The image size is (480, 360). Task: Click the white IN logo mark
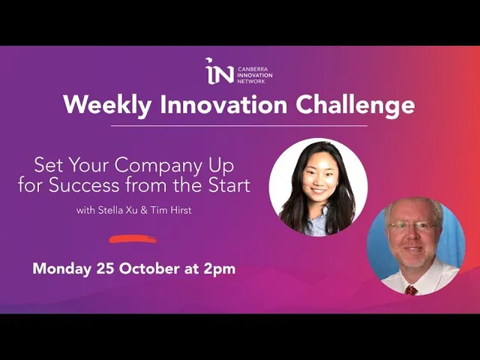pos(219,70)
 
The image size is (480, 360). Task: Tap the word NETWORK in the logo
pos(251,82)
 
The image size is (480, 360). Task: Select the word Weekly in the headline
pos(107,105)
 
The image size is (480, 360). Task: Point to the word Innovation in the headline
pos(223,105)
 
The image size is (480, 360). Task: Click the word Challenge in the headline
pos(355,106)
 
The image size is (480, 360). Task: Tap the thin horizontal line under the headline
pos(239,125)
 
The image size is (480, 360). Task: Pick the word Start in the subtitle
pos(229,185)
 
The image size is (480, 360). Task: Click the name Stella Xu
pos(118,210)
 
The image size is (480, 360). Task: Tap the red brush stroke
pos(133,239)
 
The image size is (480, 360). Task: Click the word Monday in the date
pos(61,269)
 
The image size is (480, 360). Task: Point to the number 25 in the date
pos(106,268)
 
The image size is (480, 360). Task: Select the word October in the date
pos(149,268)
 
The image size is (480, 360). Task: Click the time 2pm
pos(220,270)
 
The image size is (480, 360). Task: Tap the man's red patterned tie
pos(411,289)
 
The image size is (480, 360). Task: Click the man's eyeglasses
pos(413,226)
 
